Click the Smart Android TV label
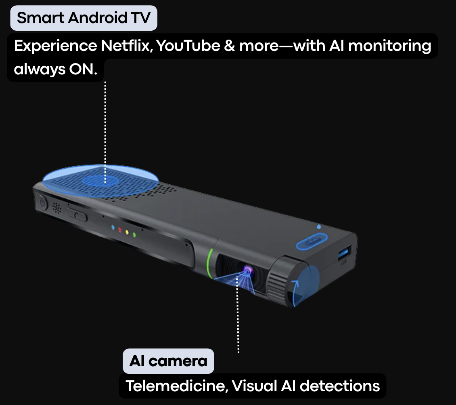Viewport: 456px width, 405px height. point(84,18)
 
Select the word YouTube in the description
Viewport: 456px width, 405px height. point(188,46)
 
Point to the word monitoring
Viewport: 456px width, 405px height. point(390,46)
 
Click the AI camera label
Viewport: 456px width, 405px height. point(168,361)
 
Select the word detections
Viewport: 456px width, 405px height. point(340,386)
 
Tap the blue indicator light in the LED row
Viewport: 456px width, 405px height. point(113,227)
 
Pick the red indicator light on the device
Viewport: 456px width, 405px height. point(120,230)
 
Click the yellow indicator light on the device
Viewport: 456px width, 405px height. point(127,232)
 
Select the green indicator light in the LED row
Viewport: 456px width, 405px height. point(134,234)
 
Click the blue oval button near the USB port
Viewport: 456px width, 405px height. point(312,242)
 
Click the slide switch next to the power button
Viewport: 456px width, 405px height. point(77,215)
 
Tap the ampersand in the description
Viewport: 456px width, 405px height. point(230,46)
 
